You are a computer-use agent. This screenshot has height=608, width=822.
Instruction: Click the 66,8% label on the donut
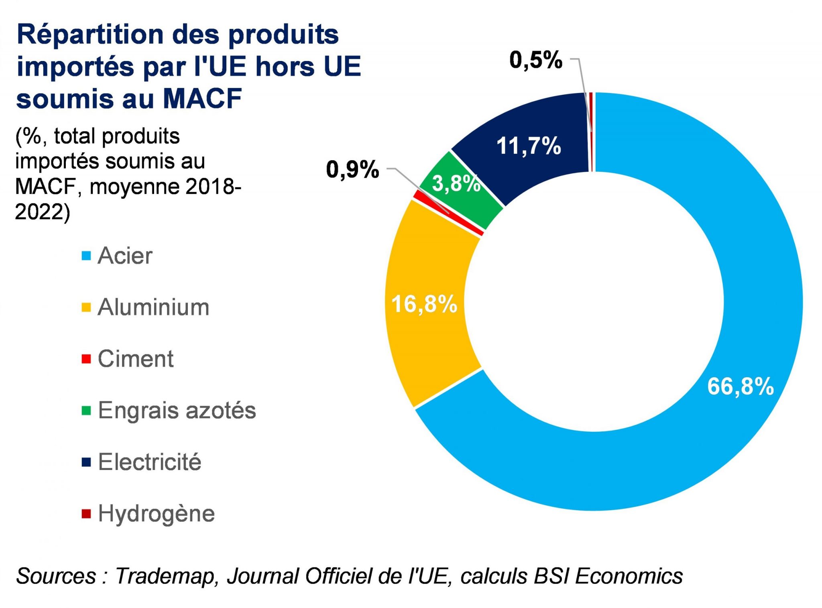(740, 386)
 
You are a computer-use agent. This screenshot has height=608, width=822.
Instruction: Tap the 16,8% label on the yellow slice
(424, 304)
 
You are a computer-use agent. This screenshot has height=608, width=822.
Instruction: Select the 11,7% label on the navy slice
(529, 146)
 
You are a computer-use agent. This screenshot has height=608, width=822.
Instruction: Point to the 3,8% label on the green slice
(456, 184)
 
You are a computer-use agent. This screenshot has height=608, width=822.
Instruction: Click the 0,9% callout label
(352, 169)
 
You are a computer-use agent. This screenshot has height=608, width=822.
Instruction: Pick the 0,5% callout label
(536, 60)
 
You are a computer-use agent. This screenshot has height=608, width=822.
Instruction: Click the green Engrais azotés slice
(442, 201)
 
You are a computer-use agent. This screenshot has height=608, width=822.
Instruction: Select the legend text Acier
(125, 256)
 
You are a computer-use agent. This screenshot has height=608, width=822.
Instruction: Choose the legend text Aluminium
(153, 307)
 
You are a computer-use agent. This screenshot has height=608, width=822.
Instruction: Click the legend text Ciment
(136, 359)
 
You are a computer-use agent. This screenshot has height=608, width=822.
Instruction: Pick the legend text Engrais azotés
(177, 410)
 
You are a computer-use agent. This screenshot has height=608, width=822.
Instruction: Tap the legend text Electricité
(150, 462)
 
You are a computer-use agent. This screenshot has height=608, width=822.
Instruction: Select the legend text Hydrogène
(157, 514)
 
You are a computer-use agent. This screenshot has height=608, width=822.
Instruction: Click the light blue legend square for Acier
(86, 256)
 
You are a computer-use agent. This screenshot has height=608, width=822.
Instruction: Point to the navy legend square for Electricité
(86, 462)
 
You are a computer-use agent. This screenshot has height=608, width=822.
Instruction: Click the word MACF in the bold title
(202, 98)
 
